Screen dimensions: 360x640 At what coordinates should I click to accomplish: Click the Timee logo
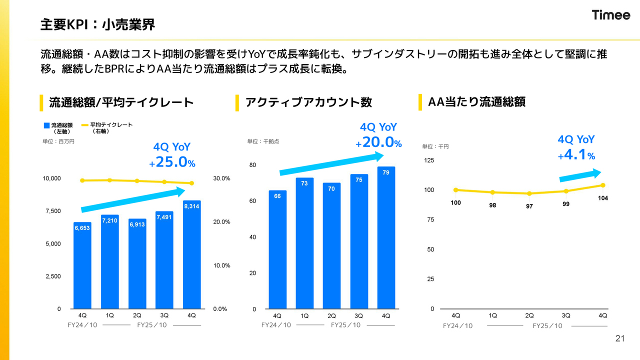point(611,15)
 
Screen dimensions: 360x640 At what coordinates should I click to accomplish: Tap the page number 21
point(620,339)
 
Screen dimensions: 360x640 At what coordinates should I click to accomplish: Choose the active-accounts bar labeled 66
point(277,250)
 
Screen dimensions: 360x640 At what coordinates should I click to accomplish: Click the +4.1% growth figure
point(577,155)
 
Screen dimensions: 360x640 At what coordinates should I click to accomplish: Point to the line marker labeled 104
point(603,185)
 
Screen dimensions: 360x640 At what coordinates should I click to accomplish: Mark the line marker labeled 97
point(529,193)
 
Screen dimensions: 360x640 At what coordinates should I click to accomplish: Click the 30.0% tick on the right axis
point(221,178)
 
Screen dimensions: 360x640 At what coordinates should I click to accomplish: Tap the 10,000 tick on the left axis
point(51,178)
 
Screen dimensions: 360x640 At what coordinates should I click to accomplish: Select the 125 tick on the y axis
point(429,160)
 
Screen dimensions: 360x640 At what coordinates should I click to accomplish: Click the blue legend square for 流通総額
point(46,125)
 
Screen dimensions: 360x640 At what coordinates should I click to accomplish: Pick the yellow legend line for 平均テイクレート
point(84,125)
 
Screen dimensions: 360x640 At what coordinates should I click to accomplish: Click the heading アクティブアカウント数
point(308,102)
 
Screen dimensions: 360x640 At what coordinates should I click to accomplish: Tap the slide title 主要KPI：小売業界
point(97,24)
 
